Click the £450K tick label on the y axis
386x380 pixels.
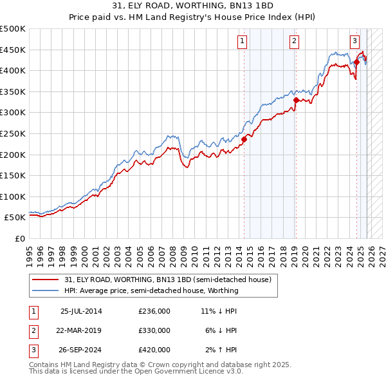[12, 50]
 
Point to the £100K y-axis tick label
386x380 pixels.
[12, 196]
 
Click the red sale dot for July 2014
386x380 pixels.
[244, 138]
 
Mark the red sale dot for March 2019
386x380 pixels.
[296, 100]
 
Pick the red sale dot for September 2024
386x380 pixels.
[356, 62]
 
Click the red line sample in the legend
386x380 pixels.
[46, 280]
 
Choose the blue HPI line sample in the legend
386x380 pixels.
[46, 291]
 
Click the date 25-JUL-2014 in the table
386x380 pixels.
[81, 311]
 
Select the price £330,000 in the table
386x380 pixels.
[154, 330]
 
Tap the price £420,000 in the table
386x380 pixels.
[154, 350]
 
